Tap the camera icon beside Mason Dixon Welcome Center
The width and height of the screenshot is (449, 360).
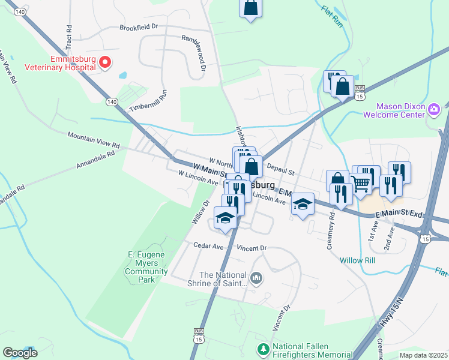[x=434, y=109]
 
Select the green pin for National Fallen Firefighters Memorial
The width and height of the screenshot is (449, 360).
[x=263, y=349]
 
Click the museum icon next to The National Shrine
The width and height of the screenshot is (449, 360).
[x=256, y=277]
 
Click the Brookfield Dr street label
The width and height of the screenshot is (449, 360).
[x=138, y=27]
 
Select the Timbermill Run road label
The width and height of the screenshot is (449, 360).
[x=146, y=101]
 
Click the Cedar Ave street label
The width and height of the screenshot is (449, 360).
[x=208, y=245]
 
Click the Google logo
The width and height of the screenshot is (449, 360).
[x=20, y=353]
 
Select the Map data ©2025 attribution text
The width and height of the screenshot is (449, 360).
[x=423, y=355]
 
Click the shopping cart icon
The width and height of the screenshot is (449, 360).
[x=361, y=184]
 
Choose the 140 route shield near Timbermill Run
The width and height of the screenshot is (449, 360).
[x=112, y=103]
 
